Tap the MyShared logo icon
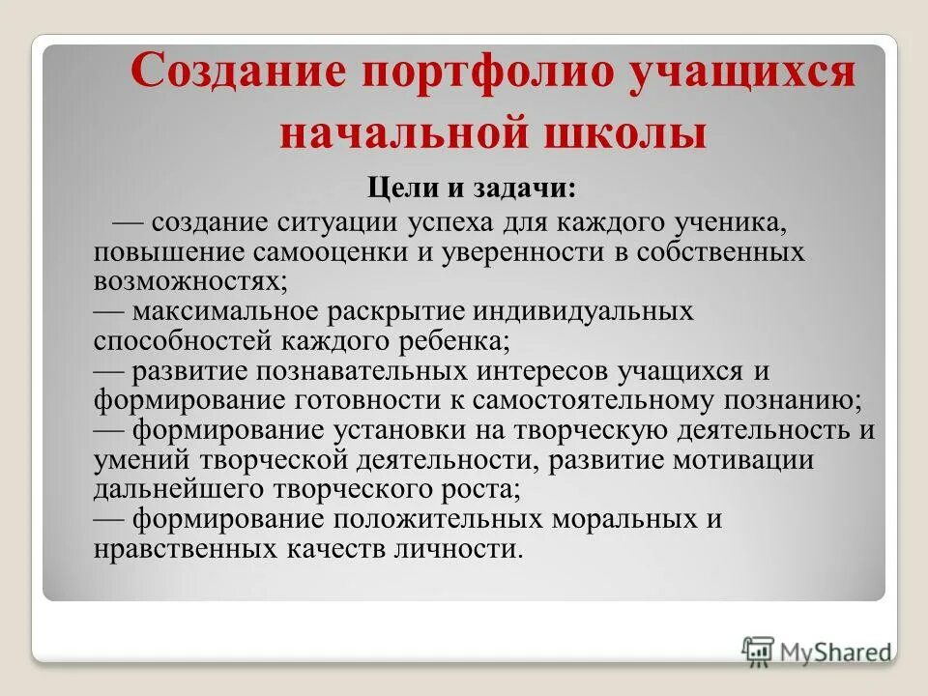click(759, 650)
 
